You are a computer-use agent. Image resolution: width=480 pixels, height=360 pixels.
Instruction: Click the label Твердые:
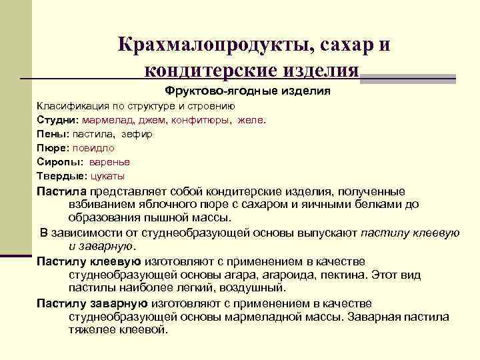click(x=61, y=176)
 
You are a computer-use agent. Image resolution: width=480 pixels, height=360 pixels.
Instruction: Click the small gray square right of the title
click(x=450, y=78)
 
